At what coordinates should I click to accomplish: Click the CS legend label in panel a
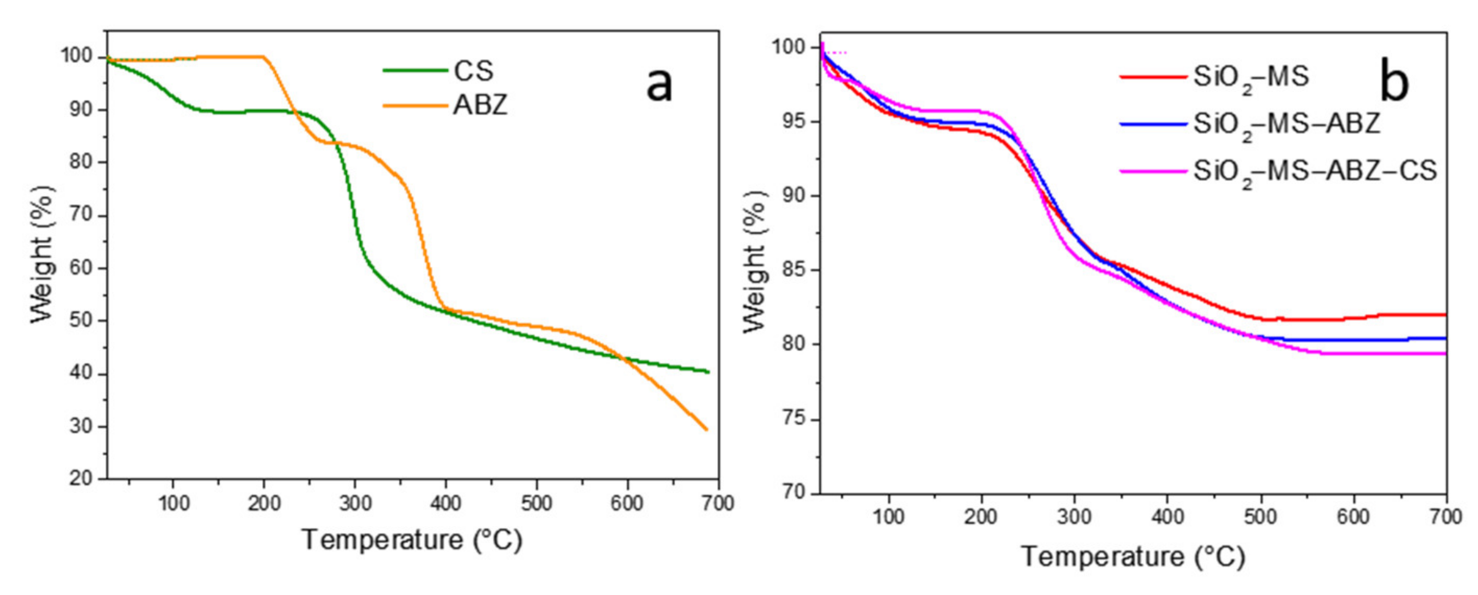[473, 71]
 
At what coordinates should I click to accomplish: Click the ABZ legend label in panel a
[480, 105]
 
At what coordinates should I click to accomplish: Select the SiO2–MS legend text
[1251, 77]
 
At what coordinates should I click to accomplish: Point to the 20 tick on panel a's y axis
[81, 478]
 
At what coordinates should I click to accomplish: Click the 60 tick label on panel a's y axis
[81, 268]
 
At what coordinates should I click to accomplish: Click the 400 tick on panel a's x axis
[445, 503]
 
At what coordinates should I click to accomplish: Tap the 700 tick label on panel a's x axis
[718, 503]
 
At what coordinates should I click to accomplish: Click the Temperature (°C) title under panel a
[412, 540]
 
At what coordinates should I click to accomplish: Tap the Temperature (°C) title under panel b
[1133, 556]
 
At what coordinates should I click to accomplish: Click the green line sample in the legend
[415, 70]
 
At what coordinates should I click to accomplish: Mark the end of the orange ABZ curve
[706, 429]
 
